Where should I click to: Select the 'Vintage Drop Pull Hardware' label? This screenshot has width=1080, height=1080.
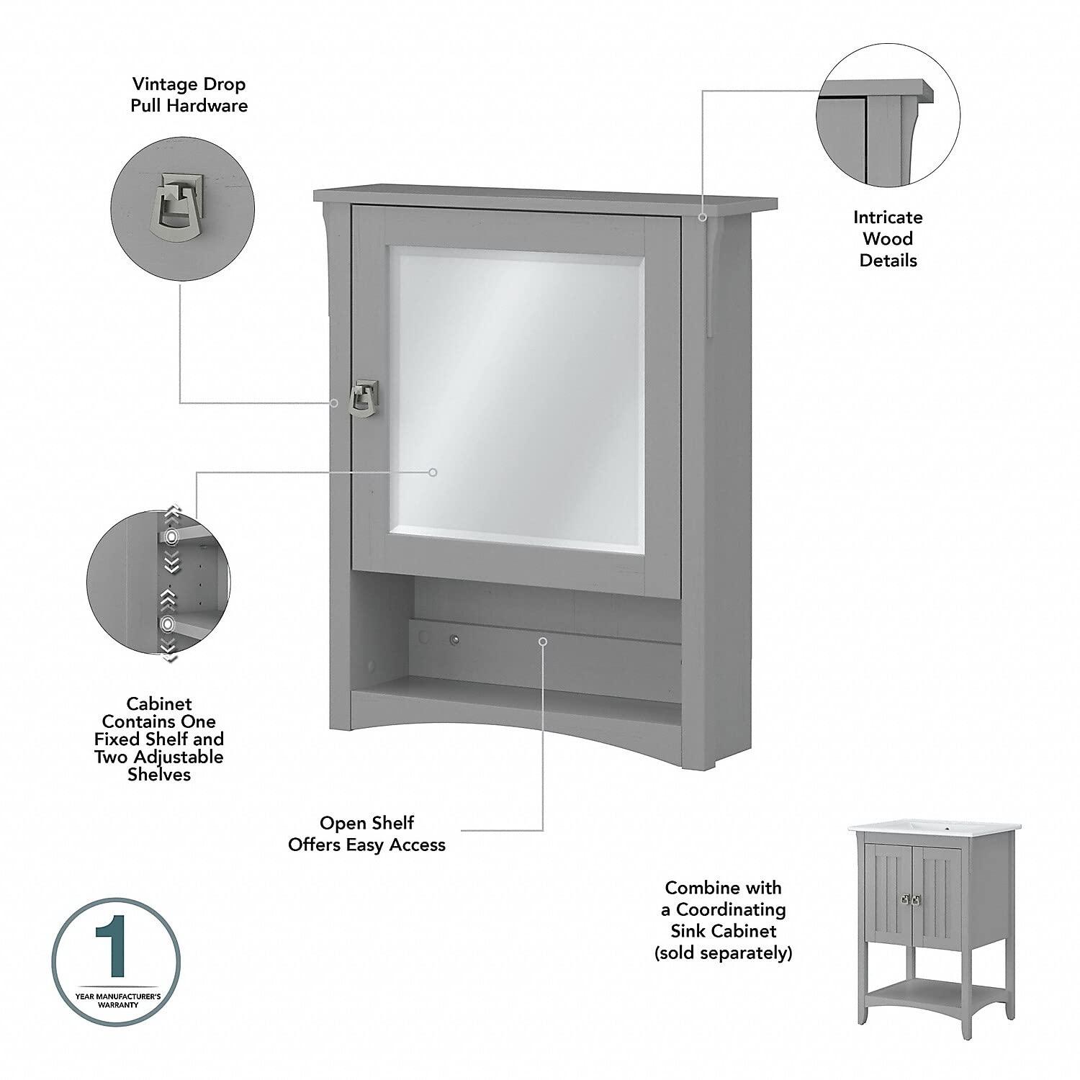(x=189, y=95)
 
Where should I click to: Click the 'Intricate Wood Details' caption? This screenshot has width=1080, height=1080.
(x=888, y=239)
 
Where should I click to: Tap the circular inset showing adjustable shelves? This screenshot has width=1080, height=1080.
(x=158, y=582)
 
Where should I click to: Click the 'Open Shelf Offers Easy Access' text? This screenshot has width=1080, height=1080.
(x=366, y=834)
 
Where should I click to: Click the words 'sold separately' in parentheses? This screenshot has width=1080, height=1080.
(x=723, y=953)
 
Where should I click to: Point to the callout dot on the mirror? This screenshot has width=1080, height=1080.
(x=433, y=472)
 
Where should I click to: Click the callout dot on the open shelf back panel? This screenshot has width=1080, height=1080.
(x=543, y=641)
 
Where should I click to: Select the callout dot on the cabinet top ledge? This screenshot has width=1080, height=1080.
(x=703, y=216)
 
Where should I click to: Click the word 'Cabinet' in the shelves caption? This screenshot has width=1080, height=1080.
(x=159, y=704)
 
